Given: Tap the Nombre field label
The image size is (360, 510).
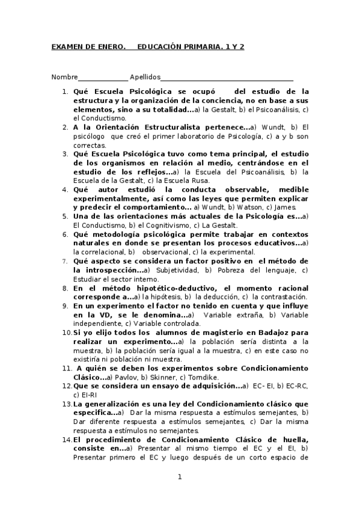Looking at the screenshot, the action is (x=64, y=78).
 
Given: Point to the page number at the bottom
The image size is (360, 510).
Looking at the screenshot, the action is (x=179, y=478).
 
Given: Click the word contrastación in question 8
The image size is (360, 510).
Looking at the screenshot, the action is (x=281, y=297).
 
